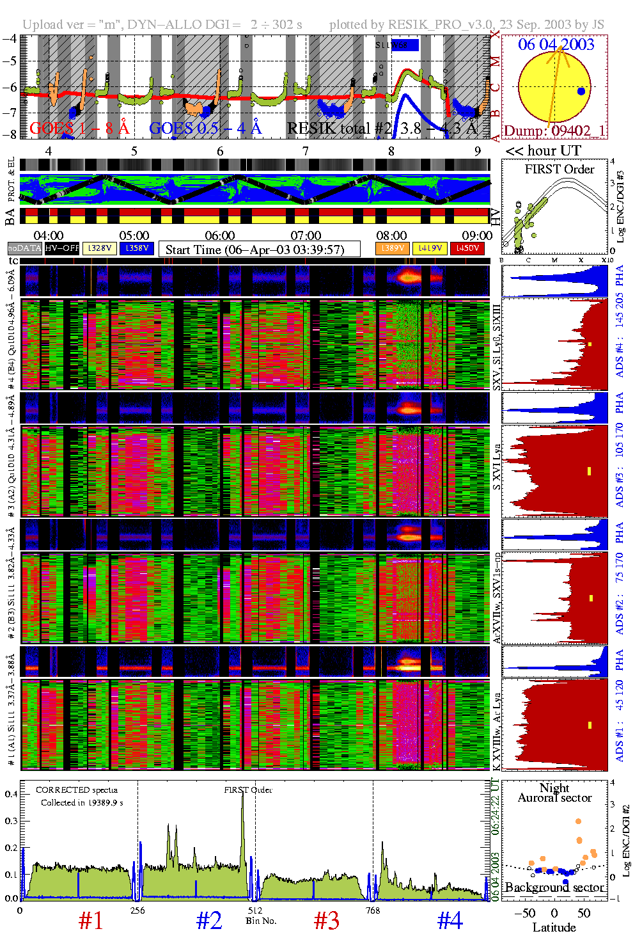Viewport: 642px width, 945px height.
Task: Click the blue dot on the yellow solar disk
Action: [x=581, y=91]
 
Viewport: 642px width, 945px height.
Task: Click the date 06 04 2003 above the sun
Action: [x=556, y=44]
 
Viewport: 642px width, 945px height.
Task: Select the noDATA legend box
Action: [x=24, y=248]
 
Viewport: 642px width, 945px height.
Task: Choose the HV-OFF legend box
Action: [x=62, y=248]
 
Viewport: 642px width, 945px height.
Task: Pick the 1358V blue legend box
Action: [x=136, y=248]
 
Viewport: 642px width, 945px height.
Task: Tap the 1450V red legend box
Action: [x=467, y=248]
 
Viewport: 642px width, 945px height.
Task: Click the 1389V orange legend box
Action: [x=392, y=248]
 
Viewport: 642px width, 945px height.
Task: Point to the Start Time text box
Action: [x=259, y=250]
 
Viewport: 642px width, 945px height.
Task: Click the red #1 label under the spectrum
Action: [x=91, y=921]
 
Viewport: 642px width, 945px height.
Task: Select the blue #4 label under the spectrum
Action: [x=450, y=921]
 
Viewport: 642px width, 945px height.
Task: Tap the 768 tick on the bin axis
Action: [x=372, y=910]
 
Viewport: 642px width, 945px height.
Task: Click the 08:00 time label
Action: [x=391, y=235]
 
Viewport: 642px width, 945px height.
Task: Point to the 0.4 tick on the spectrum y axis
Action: [x=11, y=794]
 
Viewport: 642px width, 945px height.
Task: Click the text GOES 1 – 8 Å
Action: [x=79, y=129]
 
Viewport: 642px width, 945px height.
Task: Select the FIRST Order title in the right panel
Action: [x=560, y=170]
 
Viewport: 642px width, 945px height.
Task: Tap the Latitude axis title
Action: [x=554, y=928]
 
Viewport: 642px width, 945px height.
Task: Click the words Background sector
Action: [x=554, y=887]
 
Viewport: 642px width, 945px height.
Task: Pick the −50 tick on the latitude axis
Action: [x=525, y=913]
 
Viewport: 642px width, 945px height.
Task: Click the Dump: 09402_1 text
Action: [x=554, y=131]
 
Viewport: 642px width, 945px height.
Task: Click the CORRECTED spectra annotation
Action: [x=77, y=790]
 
